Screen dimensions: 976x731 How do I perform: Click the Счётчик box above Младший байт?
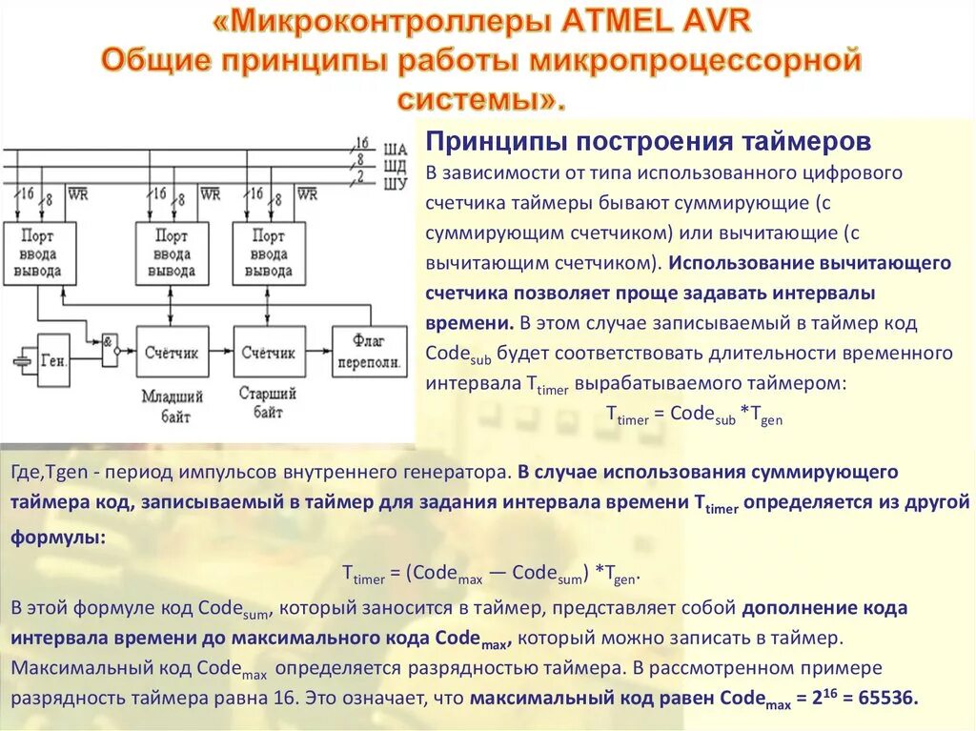[172, 353]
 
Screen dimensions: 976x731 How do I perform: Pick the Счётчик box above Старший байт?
[268, 353]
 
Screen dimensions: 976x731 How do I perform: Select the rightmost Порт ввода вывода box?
[268, 254]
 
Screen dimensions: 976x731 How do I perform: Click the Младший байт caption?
[172, 405]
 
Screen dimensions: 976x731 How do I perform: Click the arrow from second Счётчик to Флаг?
[318, 353]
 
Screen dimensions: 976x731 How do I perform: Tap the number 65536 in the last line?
[887, 697]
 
